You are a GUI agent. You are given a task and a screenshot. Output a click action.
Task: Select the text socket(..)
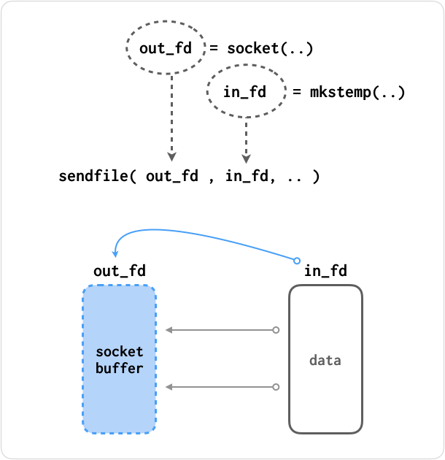[271, 49]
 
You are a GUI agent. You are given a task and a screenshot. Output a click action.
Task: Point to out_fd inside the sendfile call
[172, 176]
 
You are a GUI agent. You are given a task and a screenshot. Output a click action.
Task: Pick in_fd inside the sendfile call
[247, 176]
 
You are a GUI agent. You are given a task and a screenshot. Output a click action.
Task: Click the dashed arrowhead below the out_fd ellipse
[171, 156]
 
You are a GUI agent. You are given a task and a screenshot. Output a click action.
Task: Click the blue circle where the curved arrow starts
[297, 260]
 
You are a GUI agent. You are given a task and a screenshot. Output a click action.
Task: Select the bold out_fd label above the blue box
[119, 271]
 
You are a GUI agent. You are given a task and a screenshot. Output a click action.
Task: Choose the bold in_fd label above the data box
[325, 272]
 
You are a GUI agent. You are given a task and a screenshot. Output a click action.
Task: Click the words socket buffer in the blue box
[120, 360]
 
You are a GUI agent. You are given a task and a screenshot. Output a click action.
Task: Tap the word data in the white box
[325, 360]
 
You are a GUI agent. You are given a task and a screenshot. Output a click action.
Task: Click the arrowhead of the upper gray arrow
[169, 330]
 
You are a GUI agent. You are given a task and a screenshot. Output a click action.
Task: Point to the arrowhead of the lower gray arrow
[169, 386]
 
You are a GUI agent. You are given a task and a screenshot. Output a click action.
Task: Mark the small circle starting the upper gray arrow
[276, 330]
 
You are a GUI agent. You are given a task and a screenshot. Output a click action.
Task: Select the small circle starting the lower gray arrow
[276, 386]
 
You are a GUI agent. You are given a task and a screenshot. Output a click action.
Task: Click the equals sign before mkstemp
[297, 93]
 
